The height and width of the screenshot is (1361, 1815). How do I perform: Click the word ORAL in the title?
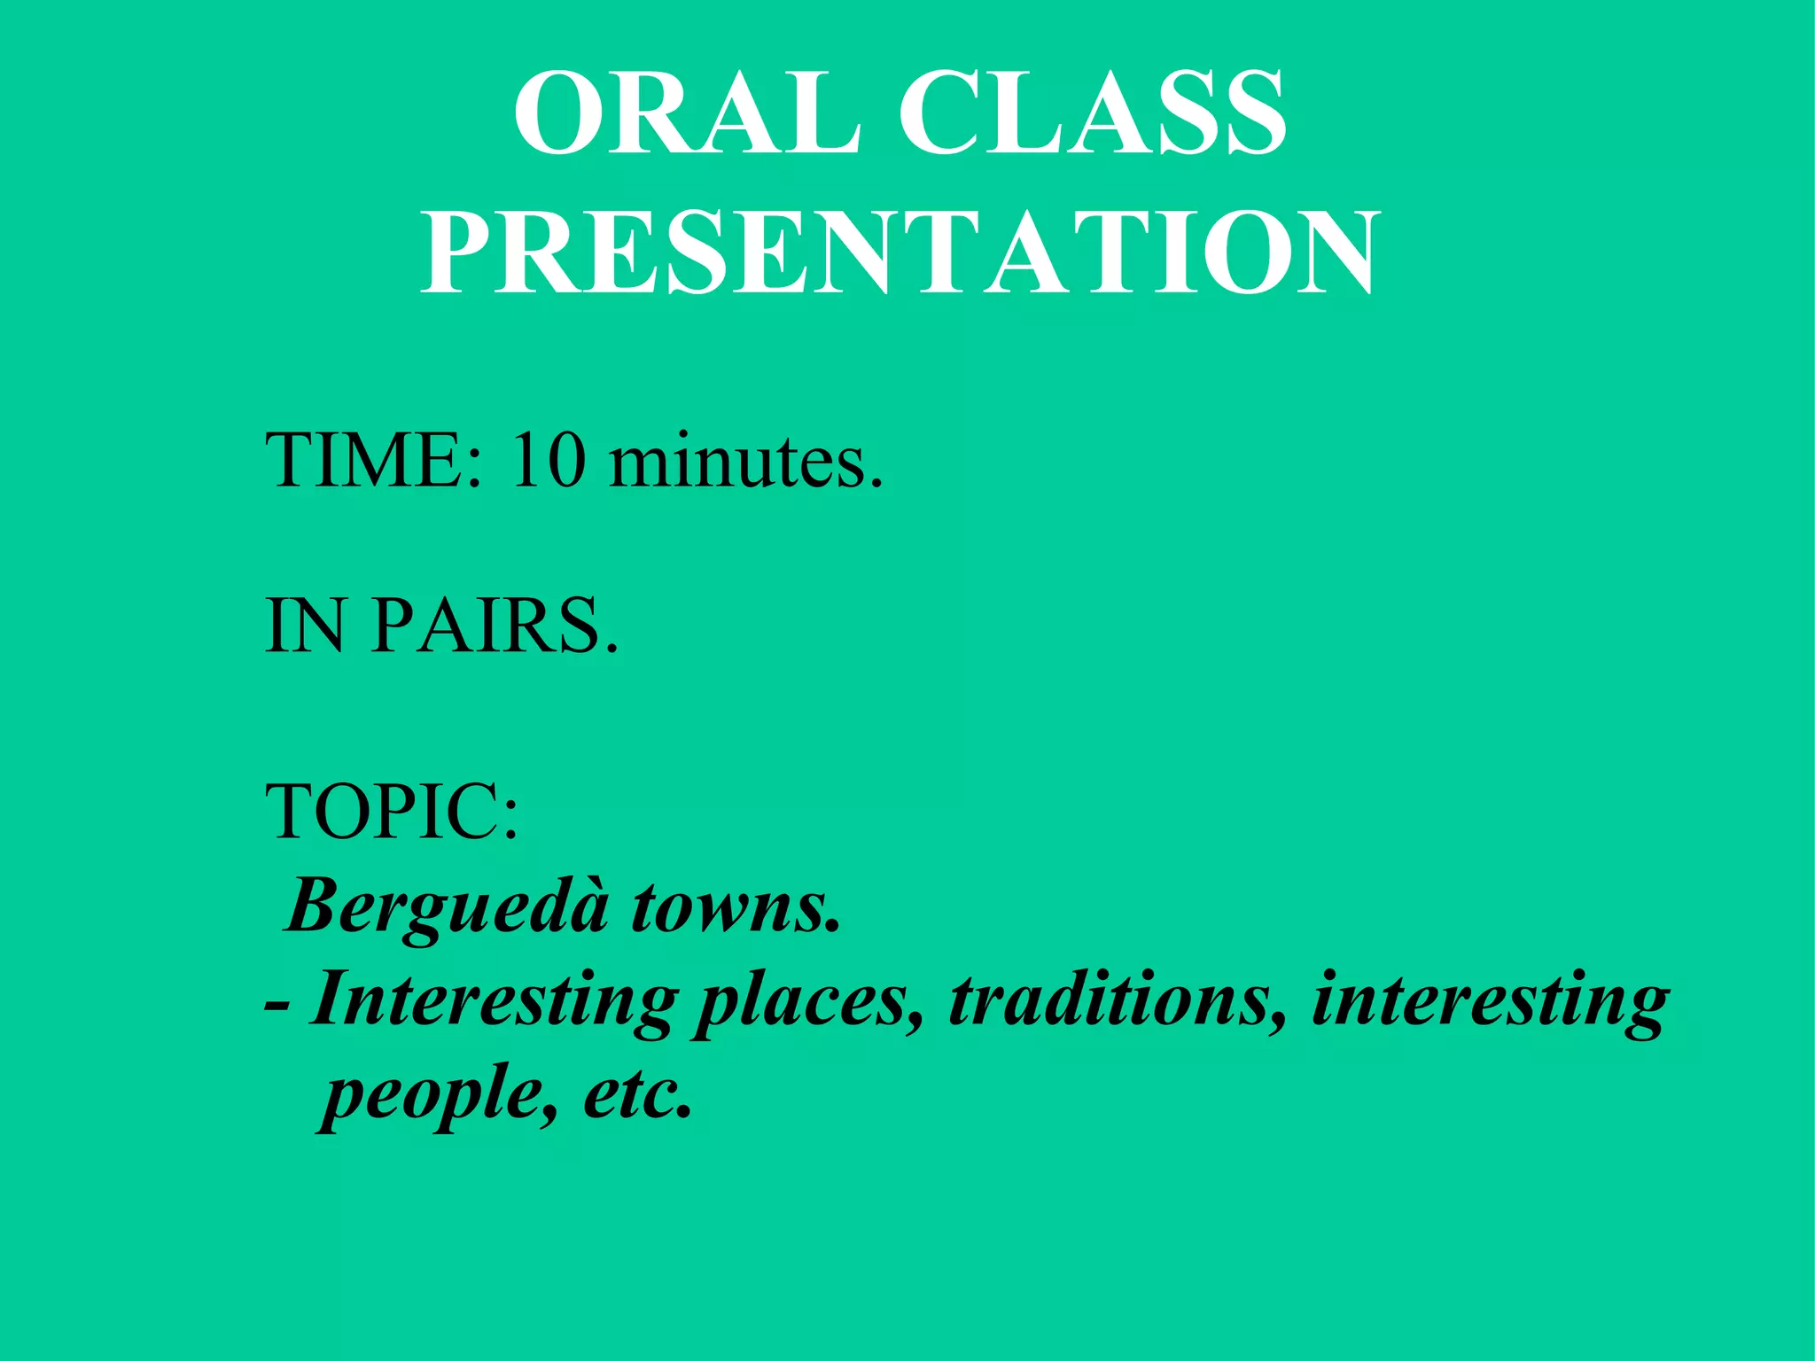click(687, 113)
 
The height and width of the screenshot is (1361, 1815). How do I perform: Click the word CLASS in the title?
click(1092, 113)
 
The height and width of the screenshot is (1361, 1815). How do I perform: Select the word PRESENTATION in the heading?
click(900, 253)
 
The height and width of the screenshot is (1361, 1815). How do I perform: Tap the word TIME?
click(364, 461)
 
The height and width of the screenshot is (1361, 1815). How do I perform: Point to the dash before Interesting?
click(277, 1007)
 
